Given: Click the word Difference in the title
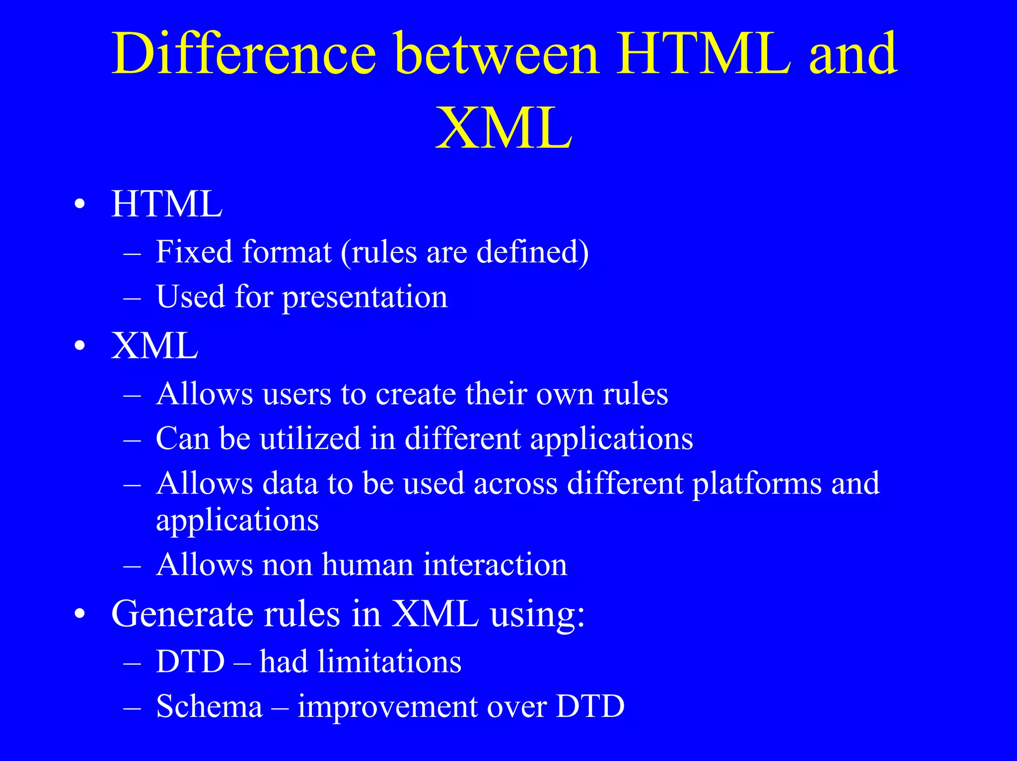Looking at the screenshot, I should click(243, 54).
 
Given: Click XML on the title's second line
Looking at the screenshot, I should click(504, 128).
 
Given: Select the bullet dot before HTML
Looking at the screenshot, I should click(80, 205).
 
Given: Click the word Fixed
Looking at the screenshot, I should click(194, 252).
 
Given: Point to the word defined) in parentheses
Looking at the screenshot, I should click(532, 252).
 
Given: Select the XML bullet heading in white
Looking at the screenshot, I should click(155, 345).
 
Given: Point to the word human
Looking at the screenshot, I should click(367, 565).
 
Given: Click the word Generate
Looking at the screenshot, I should click(183, 614).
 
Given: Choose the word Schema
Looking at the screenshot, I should click(209, 706).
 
